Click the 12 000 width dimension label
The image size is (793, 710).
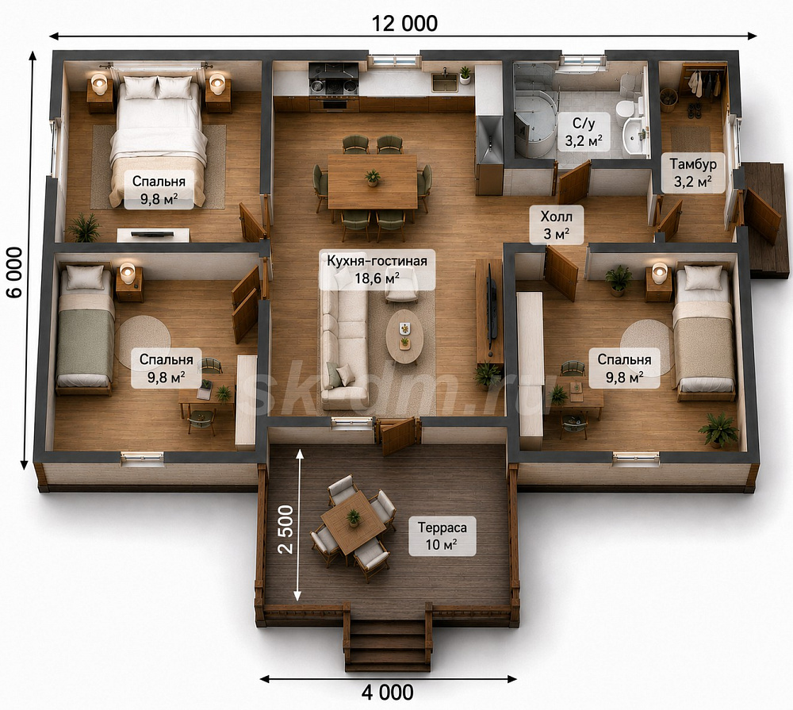click(x=404, y=23)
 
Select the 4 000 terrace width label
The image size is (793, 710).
click(x=388, y=692)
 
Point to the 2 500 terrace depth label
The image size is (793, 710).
click(x=285, y=529)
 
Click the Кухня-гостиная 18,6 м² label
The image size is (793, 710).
click(x=377, y=270)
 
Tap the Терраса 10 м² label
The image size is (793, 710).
click(x=442, y=536)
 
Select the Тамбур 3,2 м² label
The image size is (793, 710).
click(x=692, y=173)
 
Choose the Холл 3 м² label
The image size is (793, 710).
click(x=557, y=225)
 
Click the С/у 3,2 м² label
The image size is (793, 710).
click(x=584, y=132)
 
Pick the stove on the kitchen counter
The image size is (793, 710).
click(x=333, y=80)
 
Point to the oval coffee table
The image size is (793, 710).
click(x=404, y=336)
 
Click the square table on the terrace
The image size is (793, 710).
click(x=353, y=523)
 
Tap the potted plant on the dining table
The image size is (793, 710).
click(x=372, y=177)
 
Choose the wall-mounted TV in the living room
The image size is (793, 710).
click(x=492, y=308)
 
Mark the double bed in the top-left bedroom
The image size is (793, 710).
click(x=159, y=141)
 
